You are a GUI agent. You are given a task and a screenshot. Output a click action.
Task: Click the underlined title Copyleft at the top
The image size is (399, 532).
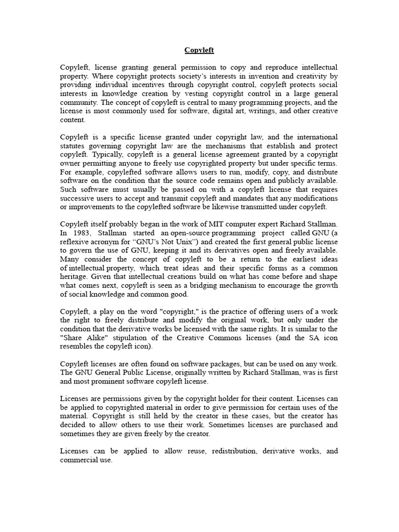pyautogui.click(x=199, y=50)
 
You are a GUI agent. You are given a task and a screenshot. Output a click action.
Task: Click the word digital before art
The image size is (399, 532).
pyautogui.click(x=222, y=111)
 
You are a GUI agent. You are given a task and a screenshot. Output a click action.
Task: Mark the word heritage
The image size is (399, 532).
pyautogui.click(x=76, y=277)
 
